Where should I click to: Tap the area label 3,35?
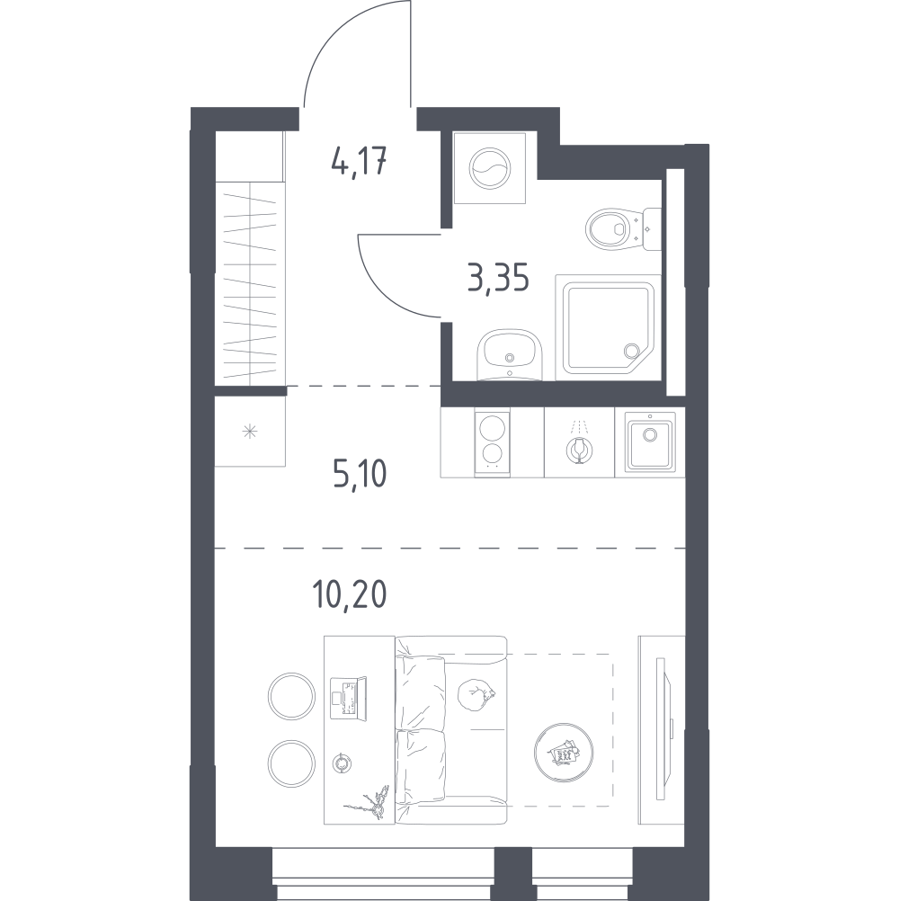(x=498, y=280)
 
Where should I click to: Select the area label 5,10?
(x=360, y=474)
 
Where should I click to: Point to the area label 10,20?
(x=349, y=594)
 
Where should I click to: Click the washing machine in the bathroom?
(x=489, y=168)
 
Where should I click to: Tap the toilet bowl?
(x=608, y=228)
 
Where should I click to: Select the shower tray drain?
(x=632, y=351)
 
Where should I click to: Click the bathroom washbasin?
(x=510, y=355)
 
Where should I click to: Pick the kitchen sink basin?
(x=650, y=443)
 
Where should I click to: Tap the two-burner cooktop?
(x=493, y=443)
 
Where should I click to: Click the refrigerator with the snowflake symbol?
(x=250, y=431)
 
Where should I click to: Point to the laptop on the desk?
(x=348, y=698)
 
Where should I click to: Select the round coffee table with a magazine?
(x=564, y=752)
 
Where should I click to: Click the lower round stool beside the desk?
(x=291, y=764)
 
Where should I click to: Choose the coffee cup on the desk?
(x=343, y=763)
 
